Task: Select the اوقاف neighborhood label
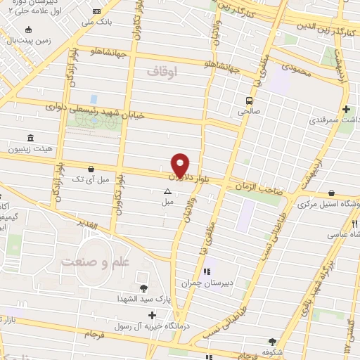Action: point(165,72)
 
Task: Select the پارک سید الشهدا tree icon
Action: point(144,288)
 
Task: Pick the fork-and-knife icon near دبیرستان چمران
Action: point(206,271)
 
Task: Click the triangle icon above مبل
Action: point(167,191)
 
